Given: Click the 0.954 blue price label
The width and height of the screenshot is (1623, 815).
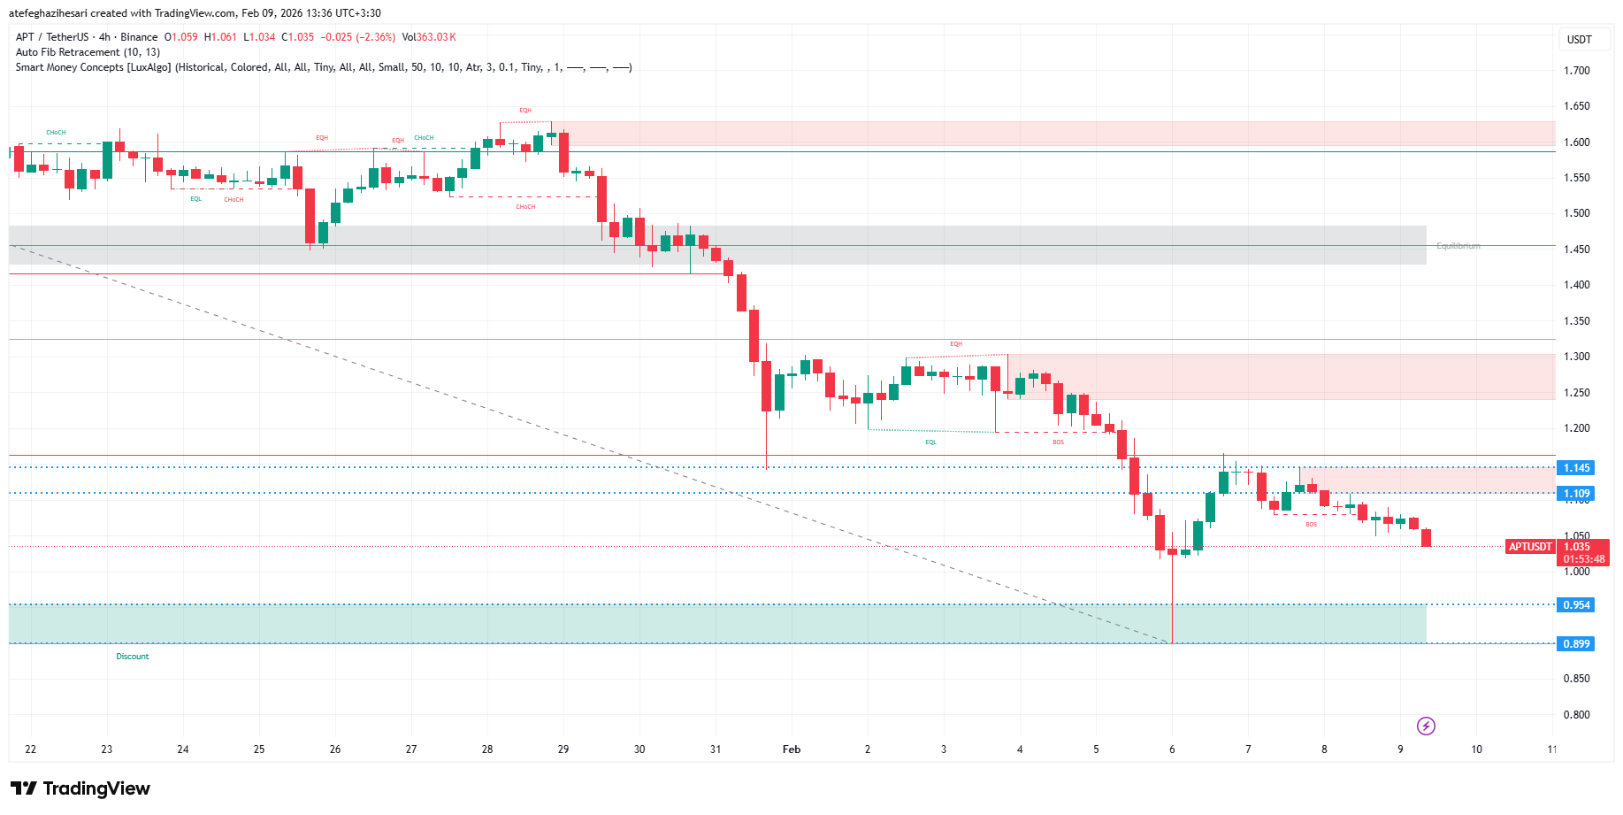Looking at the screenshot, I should (x=1576, y=605).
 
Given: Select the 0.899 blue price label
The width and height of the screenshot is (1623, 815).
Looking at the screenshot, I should (x=1576, y=644).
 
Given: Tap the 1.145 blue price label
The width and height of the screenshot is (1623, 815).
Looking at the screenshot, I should (x=1576, y=468).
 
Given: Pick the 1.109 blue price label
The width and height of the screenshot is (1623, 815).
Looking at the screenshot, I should (x=1576, y=494).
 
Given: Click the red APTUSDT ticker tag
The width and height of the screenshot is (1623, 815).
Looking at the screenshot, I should (x=1530, y=547).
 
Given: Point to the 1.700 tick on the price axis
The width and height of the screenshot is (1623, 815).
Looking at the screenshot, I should (x=1577, y=71).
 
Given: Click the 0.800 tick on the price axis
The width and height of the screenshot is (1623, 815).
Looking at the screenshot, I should (x=1577, y=715).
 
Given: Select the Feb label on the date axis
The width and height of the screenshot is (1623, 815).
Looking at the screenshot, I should (x=792, y=750).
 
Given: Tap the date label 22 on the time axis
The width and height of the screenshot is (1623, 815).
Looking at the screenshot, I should (x=31, y=750).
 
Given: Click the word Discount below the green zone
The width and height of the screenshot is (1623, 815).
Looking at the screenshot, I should (x=133, y=657).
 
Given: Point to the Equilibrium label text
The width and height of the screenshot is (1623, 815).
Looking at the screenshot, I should (x=1458, y=246).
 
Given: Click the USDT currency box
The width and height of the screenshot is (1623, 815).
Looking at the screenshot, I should (x=1580, y=40).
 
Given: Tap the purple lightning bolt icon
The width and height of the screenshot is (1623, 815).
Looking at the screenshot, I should (x=1426, y=727).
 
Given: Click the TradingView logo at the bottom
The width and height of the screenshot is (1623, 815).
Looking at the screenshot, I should (x=80, y=788).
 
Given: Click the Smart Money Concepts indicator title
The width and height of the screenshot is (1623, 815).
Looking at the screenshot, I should (x=94, y=67).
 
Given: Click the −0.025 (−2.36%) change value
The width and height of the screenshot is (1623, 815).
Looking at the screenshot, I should (x=357, y=37).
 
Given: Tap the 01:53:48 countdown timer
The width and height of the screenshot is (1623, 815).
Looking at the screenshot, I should (x=1583, y=559).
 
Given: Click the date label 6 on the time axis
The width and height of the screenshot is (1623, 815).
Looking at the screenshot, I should (x=1172, y=750).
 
